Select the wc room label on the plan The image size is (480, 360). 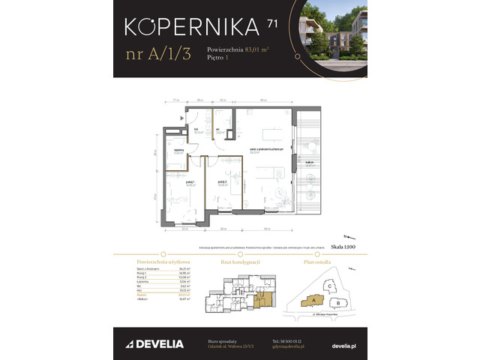pos(218,130)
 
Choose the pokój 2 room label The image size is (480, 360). pos(220,182)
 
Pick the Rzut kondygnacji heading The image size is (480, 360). pos(240,254)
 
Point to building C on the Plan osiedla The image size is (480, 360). pos(330,285)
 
